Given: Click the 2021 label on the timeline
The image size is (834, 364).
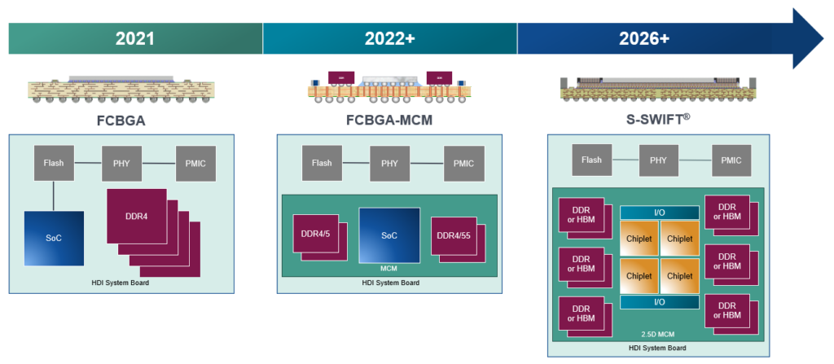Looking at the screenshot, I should pyautogui.click(x=135, y=38).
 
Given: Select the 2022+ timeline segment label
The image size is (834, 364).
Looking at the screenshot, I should pyautogui.click(x=389, y=38).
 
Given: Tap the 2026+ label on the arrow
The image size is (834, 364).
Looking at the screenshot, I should pyautogui.click(x=643, y=38).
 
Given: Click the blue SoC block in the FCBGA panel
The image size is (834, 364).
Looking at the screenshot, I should pyautogui.click(x=53, y=238).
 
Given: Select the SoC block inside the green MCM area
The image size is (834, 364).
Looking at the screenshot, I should pyautogui.click(x=389, y=235).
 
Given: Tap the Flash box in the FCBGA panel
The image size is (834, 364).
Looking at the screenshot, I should pyautogui.click(x=54, y=163).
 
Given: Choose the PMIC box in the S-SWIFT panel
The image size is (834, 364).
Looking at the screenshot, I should pyautogui.click(x=731, y=160).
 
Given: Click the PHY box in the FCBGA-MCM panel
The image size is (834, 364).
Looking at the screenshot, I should pyautogui.click(x=389, y=163).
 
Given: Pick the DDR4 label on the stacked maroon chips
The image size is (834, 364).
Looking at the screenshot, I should pyautogui.click(x=136, y=216).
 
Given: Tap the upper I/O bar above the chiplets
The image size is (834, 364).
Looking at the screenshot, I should pyautogui.click(x=659, y=212).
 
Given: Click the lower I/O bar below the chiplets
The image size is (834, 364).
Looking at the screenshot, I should pyautogui.click(x=659, y=302).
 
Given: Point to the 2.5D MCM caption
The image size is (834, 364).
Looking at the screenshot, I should pyautogui.click(x=659, y=334).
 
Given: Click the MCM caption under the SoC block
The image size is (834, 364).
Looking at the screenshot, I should pyautogui.click(x=389, y=268).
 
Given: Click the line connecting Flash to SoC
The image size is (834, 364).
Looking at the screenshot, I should pyautogui.click(x=54, y=195).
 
